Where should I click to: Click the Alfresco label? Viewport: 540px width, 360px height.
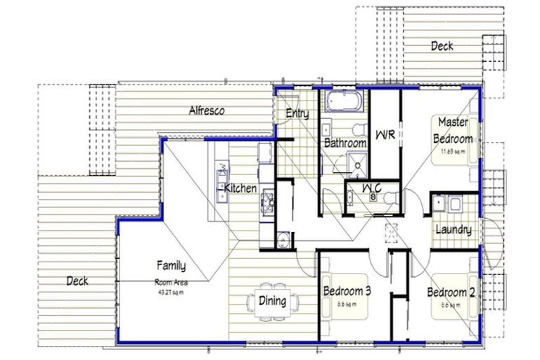click(207, 110)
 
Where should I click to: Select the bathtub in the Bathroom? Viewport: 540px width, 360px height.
click(342, 102)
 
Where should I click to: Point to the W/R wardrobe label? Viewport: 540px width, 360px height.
click(384, 134)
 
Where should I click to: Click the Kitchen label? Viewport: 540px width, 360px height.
click(240, 188)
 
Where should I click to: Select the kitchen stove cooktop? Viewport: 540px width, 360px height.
click(268, 202)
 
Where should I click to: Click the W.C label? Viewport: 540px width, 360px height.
click(372, 188)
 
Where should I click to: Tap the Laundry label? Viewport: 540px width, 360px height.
click(453, 230)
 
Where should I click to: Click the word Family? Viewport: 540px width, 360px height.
click(171, 266)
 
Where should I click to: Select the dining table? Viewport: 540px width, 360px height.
click(274, 302)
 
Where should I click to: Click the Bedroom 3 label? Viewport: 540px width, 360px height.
click(347, 290)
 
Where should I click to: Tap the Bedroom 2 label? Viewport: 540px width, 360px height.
click(452, 292)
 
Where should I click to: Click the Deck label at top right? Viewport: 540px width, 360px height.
click(442, 46)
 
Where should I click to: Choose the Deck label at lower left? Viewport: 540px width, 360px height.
click(77, 281)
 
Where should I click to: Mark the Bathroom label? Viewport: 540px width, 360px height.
click(345, 143)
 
